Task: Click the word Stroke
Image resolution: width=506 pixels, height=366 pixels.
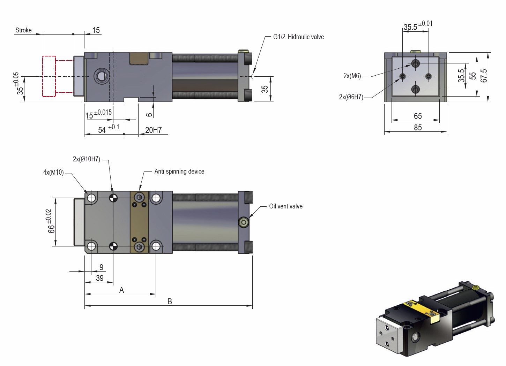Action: click(x=23, y=30)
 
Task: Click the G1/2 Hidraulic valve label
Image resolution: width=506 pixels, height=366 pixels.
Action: click(x=298, y=37)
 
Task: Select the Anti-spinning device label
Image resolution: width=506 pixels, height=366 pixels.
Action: click(x=179, y=171)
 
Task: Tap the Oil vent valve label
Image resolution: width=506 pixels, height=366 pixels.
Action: click(x=285, y=206)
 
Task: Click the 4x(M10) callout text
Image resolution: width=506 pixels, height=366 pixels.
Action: click(x=53, y=172)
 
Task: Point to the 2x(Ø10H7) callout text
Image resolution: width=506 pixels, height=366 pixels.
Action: click(x=86, y=159)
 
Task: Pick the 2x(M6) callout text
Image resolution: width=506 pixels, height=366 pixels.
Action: click(x=352, y=76)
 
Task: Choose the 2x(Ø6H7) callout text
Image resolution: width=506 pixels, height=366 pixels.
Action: click(x=351, y=97)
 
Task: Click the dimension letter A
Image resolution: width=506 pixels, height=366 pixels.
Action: click(x=121, y=290)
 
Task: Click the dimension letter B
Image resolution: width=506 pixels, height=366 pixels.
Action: click(x=170, y=302)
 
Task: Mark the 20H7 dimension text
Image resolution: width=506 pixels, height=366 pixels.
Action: click(x=153, y=130)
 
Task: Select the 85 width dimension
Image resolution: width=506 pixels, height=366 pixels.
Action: click(x=418, y=128)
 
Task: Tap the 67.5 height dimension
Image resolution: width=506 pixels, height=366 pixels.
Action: click(x=484, y=76)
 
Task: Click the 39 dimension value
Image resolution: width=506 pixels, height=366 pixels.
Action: click(x=99, y=278)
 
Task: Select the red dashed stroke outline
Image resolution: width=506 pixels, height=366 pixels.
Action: click(x=49, y=76)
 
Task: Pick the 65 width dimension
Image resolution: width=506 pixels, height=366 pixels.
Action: click(x=417, y=116)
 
